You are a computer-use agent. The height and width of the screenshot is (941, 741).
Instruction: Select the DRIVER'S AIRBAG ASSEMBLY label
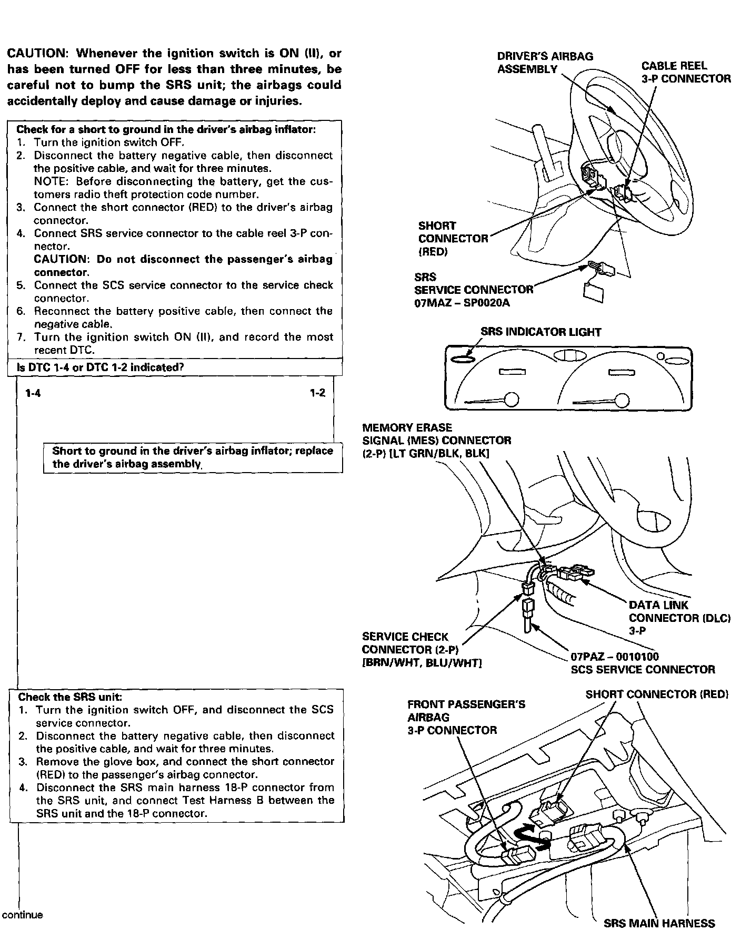[x=545, y=63]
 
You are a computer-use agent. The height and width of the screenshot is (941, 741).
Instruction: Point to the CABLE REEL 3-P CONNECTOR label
[x=685, y=72]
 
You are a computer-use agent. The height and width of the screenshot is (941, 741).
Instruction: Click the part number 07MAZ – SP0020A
[x=462, y=303]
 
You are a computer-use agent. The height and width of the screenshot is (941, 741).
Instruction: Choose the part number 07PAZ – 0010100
[x=614, y=657]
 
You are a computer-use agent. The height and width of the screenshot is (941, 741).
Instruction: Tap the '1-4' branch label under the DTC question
[x=33, y=393]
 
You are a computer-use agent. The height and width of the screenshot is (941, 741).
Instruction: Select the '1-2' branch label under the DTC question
[x=317, y=393]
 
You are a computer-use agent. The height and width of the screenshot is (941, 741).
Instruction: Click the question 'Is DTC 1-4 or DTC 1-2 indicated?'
[x=100, y=367]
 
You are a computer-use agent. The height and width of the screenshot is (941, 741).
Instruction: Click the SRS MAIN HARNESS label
[x=659, y=924]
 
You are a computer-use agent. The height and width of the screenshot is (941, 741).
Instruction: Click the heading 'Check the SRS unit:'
[x=70, y=697]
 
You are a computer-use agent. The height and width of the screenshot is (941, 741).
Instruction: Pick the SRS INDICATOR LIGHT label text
[x=540, y=332]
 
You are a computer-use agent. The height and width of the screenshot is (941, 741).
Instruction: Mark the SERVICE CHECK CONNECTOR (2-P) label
[x=410, y=650]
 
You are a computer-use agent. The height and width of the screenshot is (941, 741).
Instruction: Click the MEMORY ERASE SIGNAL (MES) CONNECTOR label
[x=436, y=441]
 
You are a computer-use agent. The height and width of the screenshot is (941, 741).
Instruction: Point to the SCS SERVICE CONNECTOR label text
[x=643, y=670]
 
